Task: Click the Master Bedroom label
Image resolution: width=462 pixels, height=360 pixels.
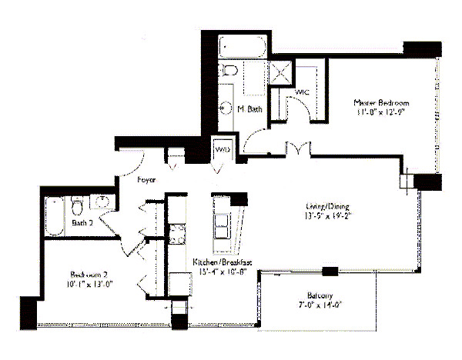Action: click(x=381, y=102)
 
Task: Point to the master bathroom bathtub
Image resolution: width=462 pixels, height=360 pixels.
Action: click(x=243, y=48)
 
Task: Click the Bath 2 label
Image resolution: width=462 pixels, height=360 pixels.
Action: click(x=83, y=223)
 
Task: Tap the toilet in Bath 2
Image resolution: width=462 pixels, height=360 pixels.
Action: click(x=77, y=206)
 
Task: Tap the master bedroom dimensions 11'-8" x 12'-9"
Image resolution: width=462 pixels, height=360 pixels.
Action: click(x=381, y=112)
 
